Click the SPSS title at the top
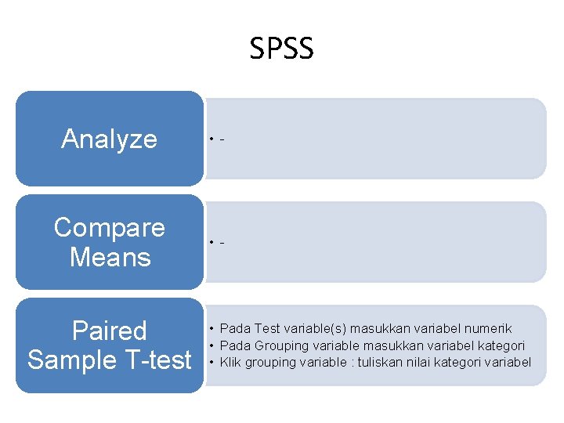[x=282, y=49]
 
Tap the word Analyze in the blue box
[x=109, y=139]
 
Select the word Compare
[x=109, y=227]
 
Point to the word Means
[x=109, y=257]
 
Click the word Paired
[x=109, y=331]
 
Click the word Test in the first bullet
[x=267, y=329]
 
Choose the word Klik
[x=230, y=362]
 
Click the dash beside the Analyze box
[x=223, y=140]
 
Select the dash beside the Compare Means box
[x=223, y=242]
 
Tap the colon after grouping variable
[x=350, y=362]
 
